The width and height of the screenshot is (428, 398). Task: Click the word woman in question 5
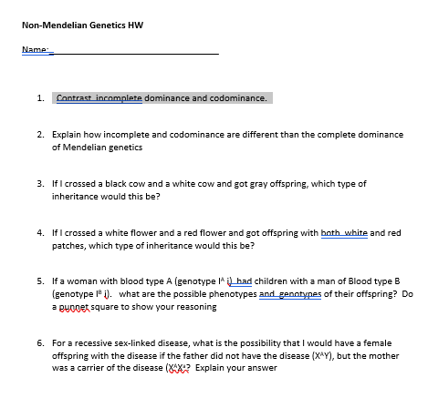point(96,282)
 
